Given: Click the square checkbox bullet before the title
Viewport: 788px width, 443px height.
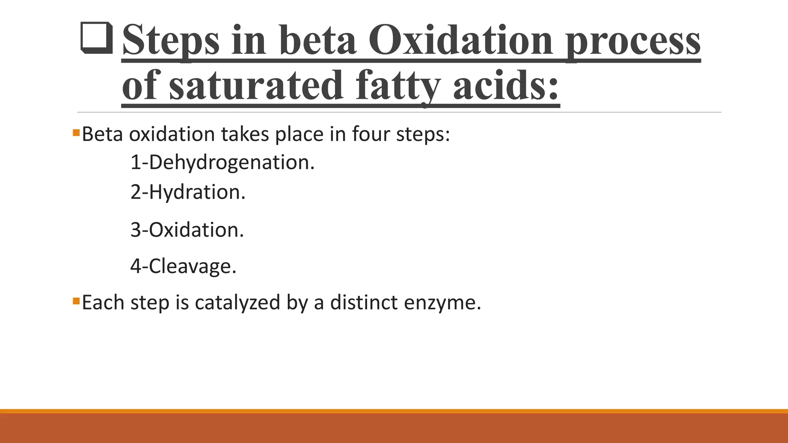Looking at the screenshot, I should click(97, 38).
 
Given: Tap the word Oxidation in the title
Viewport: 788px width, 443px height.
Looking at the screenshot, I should click(460, 40).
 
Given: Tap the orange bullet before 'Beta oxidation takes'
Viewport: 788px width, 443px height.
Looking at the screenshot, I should click(76, 133).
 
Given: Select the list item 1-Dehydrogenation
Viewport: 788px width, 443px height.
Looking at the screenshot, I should click(222, 163).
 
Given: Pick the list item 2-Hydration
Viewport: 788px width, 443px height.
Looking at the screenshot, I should click(188, 192).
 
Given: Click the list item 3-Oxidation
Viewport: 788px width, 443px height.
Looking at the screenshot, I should click(187, 230).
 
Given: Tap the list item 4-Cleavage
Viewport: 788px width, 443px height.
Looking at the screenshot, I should click(183, 266).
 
